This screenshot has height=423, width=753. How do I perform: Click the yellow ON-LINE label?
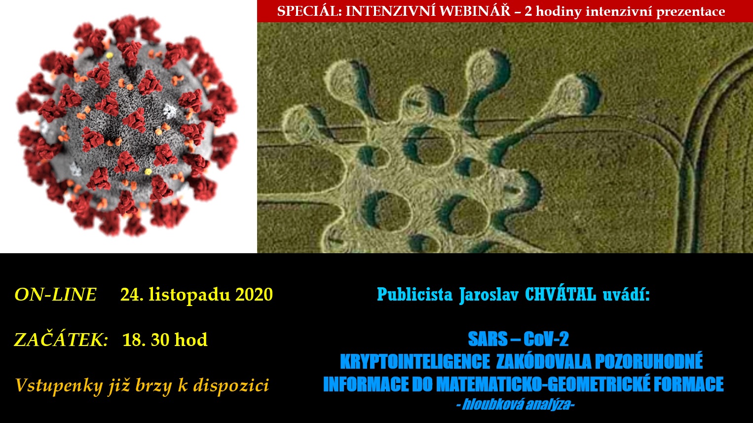click(55, 294)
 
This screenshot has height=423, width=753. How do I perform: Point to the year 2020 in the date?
click(254, 294)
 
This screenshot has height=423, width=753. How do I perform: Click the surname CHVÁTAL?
click(561, 295)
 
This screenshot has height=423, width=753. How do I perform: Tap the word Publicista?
click(414, 295)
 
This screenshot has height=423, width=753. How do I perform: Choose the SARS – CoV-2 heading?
click(518, 339)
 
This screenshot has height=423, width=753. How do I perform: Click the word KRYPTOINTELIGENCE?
click(415, 362)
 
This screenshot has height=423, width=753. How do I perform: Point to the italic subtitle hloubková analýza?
click(515, 405)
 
